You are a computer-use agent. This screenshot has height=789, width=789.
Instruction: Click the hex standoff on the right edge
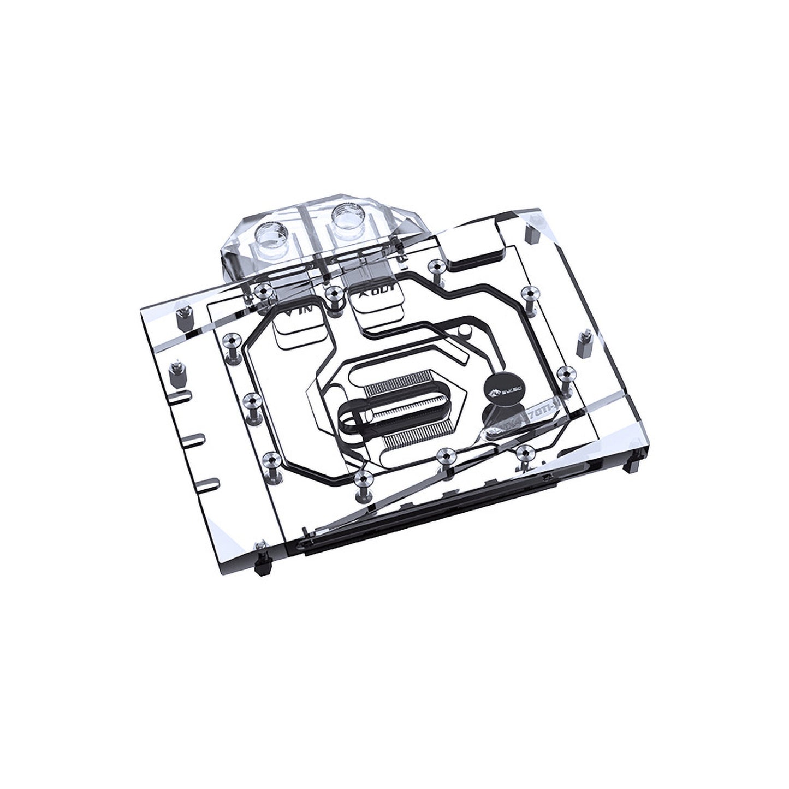pyautogui.click(x=583, y=342)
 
